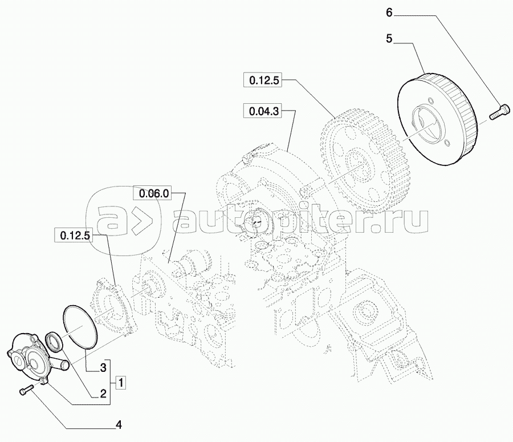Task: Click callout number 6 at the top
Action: pos(389,13)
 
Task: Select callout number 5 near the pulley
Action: pos(389,39)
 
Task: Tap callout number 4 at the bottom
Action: pos(119,425)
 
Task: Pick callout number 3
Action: pos(103,368)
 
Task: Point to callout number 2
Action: pos(103,394)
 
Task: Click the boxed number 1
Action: pos(121,382)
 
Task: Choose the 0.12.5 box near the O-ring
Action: pos(75,236)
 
